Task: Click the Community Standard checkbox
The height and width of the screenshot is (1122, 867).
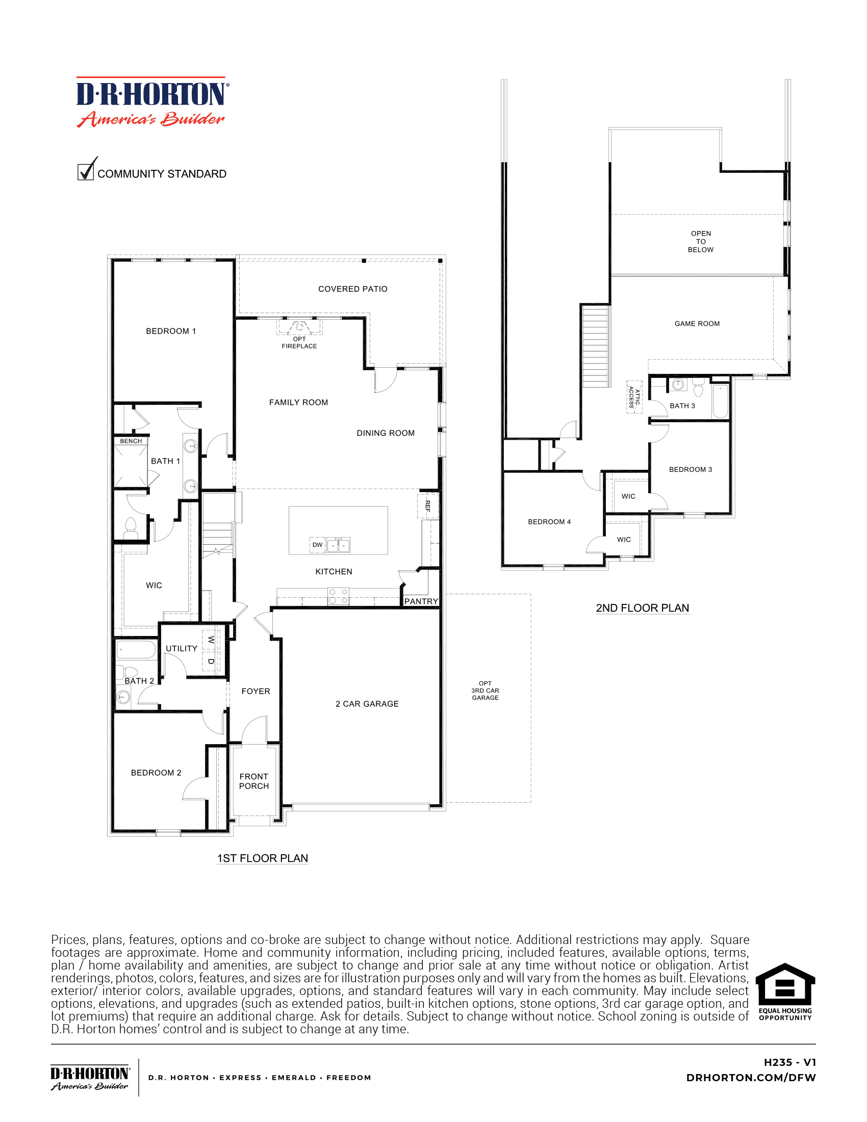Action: click(85, 171)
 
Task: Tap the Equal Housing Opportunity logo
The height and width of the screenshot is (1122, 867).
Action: click(785, 992)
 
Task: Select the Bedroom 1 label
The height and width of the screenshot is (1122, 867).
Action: click(170, 331)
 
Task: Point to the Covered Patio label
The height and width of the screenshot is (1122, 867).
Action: click(352, 289)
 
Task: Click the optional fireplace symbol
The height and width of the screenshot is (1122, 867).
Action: click(299, 327)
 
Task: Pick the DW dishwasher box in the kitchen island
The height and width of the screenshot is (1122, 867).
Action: click(317, 545)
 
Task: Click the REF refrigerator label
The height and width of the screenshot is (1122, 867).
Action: click(427, 505)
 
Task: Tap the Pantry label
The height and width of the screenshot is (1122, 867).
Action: click(421, 601)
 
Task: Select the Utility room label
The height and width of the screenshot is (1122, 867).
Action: click(182, 648)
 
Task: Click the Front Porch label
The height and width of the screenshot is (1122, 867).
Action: click(254, 781)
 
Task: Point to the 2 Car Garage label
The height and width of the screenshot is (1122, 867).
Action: click(367, 704)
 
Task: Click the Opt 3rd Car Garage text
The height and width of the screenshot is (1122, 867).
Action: click(485, 691)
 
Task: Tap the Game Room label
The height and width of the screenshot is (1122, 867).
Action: click(697, 324)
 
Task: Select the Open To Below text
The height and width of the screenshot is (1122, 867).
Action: click(701, 241)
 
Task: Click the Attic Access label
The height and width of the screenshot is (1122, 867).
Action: click(634, 397)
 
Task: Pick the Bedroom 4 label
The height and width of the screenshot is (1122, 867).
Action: click(549, 522)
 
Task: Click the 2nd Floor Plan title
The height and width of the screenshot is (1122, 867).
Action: click(642, 608)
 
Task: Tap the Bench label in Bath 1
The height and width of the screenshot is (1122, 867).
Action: click(131, 441)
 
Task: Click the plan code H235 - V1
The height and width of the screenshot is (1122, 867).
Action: click(789, 1062)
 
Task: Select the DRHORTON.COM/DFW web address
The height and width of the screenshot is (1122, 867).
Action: click(750, 1078)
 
